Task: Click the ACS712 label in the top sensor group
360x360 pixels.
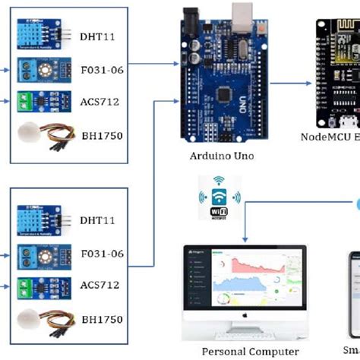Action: point(99,100)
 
